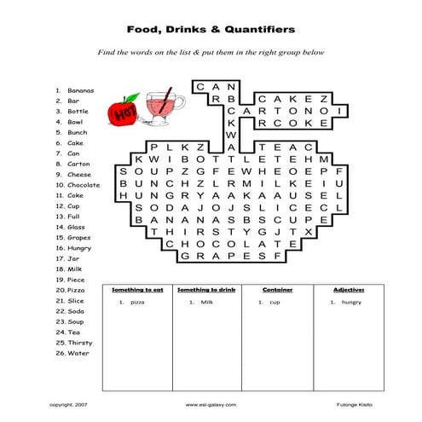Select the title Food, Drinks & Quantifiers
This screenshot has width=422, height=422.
[211, 29]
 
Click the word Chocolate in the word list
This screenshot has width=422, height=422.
[84, 185]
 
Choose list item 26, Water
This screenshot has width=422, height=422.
[78, 353]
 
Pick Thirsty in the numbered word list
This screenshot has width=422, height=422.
[80, 343]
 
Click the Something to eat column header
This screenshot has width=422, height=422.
[136, 291]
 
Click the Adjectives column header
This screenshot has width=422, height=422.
[348, 291]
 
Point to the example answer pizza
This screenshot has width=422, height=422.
[138, 303]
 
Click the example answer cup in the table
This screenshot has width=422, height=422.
[275, 303]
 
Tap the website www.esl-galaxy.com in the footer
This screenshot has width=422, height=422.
[211, 404]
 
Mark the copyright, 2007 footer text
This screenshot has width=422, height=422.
[70, 404]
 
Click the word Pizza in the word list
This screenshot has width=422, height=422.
[77, 291]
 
